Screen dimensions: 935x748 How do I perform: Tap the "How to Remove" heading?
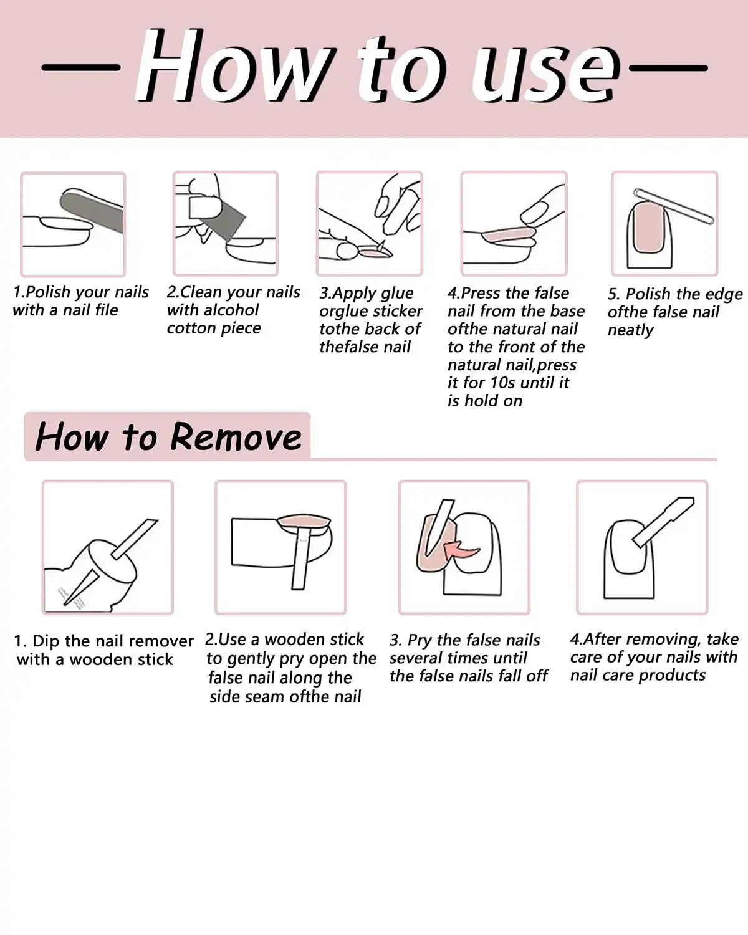pos(168,436)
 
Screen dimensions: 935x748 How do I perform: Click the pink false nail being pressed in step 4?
pos(506,237)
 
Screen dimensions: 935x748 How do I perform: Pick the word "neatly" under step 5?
pos(630,330)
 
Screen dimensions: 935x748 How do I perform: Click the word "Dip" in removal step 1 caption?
pos(46,641)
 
